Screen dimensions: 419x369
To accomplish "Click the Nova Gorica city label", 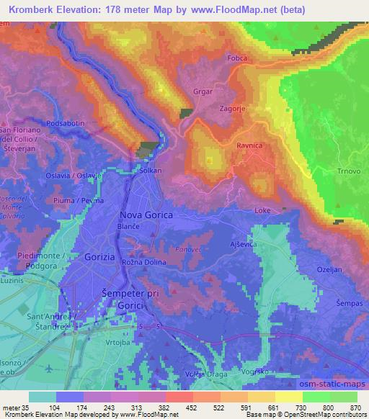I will pos(147,215).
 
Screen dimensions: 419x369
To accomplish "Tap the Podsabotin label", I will pos(65,124).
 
